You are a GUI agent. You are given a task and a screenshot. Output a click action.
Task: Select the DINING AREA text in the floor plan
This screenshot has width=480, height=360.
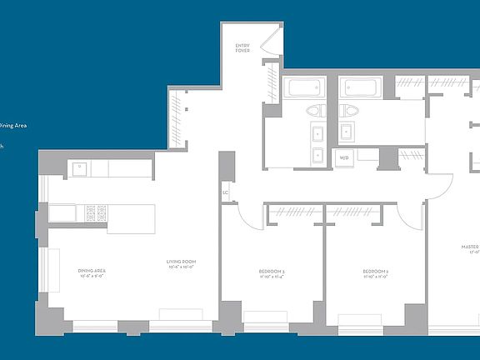point(91,270)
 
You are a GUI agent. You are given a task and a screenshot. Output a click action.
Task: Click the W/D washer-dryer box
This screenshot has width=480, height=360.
point(344,157)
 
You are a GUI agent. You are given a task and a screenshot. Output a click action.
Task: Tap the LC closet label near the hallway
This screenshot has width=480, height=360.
point(225,193)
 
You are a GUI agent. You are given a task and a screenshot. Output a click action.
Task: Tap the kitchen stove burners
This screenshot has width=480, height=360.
point(97,212)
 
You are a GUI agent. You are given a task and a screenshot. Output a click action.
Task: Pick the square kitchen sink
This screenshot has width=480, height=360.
point(82,168)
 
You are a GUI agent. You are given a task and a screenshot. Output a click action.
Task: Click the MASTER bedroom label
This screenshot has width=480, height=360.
point(471,247)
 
